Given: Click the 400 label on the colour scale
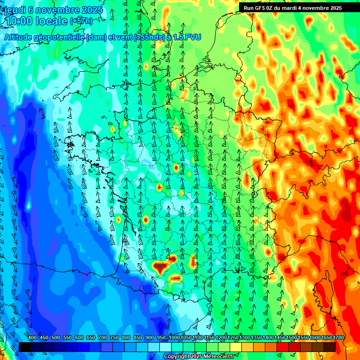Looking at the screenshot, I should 32,337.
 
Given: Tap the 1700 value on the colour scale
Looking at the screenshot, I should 326,337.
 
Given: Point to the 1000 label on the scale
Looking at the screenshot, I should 174,337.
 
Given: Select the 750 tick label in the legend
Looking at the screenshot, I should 114,337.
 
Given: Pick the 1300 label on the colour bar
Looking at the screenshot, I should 245,337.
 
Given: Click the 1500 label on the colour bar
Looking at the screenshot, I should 292,337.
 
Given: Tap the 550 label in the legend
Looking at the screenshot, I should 67,337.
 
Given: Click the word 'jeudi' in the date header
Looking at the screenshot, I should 15,10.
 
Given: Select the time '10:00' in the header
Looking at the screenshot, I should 22,21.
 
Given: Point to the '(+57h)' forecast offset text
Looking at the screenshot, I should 81,21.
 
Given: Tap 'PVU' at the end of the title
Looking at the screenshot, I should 193,37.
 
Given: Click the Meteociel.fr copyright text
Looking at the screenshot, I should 199,357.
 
